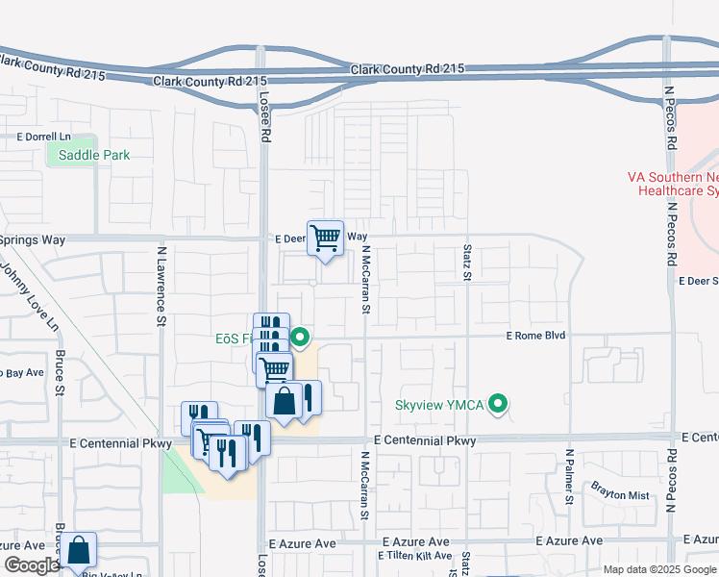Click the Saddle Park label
coord(93,155)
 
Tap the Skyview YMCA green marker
coord(498,404)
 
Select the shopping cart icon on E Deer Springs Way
coord(325,237)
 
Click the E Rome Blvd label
coord(536,335)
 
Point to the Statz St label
coord(467,263)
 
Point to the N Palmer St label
coord(569,476)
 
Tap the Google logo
coord(31,565)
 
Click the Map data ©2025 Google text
coord(659,569)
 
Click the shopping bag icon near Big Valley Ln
coord(80,551)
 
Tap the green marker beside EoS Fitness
coord(300,337)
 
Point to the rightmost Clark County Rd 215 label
coord(408,69)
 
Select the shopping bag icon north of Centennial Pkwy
coord(285,401)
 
